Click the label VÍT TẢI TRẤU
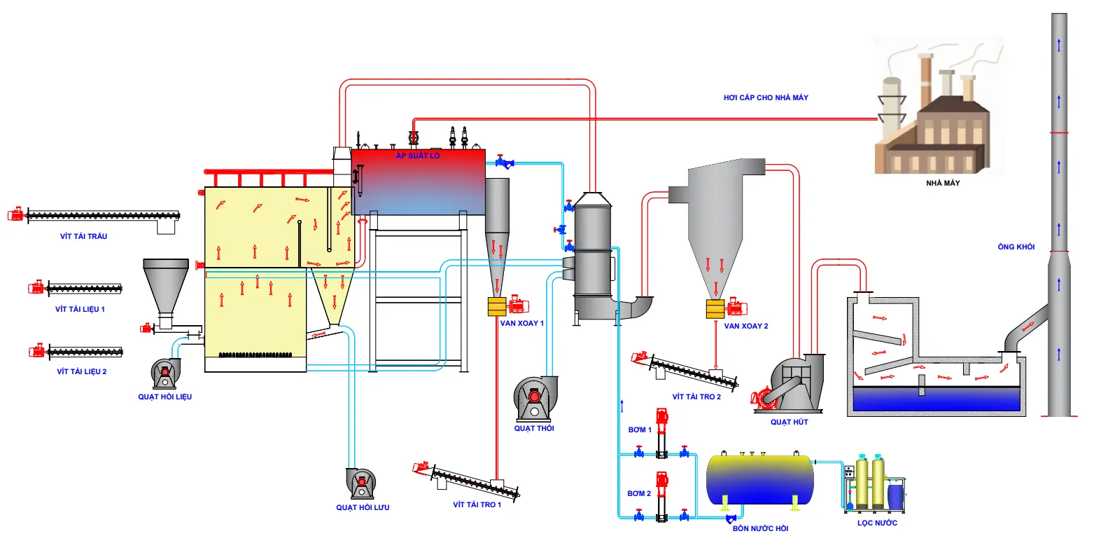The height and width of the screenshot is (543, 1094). pyautogui.click(x=83, y=236)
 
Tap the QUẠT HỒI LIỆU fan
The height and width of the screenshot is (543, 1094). pyautogui.click(x=165, y=373)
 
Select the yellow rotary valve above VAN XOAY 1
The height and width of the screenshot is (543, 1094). pyautogui.click(x=497, y=307)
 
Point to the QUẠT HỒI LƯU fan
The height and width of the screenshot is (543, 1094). pyautogui.click(x=362, y=481)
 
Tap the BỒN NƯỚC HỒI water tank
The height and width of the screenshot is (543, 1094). pyautogui.click(x=760, y=478)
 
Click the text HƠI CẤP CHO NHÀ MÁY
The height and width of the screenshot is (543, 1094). pyautogui.click(x=766, y=98)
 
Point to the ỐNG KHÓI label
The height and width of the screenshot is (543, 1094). pyautogui.click(x=1016, y=247)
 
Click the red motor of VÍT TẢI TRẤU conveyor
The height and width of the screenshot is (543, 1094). pyautogui.click(x=15, y=214)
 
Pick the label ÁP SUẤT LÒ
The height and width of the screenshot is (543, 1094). pyautogui.click(x=418, y=156)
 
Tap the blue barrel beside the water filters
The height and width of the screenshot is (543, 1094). pyautogui.click(x=895, y=495)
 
